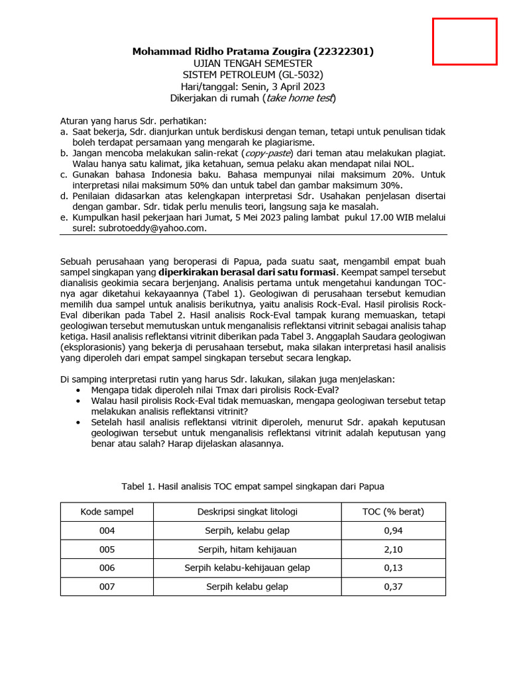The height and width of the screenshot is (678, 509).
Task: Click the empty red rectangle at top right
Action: coord(465,42)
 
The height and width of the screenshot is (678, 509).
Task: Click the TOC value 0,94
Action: coord(393,531)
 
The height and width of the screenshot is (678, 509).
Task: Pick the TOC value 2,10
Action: coord(393,550)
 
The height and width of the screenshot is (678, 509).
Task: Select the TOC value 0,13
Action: coord(393,568)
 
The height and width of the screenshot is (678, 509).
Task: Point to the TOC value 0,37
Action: coord(393,587)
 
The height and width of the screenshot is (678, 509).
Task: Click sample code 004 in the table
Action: coord(107,531)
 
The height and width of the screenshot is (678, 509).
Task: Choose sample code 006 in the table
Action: coord(107,568)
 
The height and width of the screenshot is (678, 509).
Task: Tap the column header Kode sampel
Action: coord(107,512)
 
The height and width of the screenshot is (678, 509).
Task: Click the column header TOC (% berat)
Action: coord(393,512)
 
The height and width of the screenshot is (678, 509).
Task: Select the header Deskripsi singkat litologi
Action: coord(247,512)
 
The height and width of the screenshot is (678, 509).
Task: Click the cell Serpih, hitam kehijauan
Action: coord(247,550)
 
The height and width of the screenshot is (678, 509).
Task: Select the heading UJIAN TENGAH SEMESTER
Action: coord(253,63)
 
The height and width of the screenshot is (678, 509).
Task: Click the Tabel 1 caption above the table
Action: coord(253,487)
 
